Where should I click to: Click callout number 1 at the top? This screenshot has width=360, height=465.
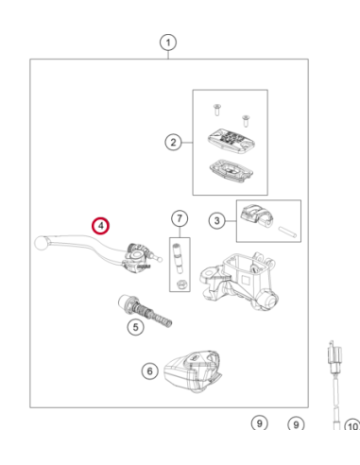[168, 43]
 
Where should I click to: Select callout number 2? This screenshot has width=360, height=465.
[173, 142]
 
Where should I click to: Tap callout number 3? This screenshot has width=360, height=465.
[216, 220]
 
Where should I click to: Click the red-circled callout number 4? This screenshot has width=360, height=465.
[100, 226]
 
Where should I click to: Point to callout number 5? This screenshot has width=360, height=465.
[135, 327]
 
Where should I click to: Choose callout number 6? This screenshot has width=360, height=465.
[149, 371]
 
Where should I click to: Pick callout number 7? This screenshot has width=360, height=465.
[180, 218]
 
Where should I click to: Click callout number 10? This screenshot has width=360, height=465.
[352, 426]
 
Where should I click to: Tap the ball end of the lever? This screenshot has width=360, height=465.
[41, 243]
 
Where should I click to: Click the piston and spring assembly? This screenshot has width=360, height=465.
[145, 311]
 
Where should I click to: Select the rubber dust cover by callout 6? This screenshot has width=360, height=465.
[193, 371]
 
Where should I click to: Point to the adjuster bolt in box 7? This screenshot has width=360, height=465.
[178, 257]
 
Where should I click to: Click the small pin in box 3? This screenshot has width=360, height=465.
[287, 232]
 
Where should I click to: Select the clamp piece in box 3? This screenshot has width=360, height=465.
[257, 215]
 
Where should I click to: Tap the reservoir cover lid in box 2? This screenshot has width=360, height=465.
[231, 138]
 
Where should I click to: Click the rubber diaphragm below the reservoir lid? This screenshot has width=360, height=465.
[231, 170]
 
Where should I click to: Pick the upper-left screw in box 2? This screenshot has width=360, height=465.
[216, 109]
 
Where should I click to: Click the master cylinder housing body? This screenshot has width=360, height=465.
[239, 281]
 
